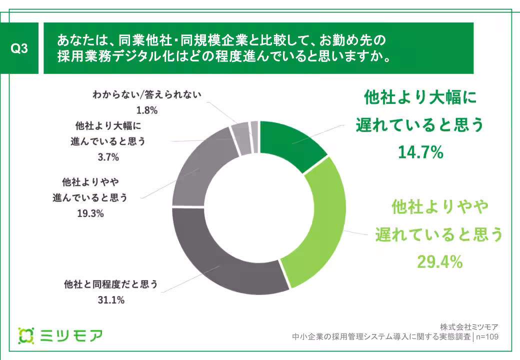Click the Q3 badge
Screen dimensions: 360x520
(x=18, y=49)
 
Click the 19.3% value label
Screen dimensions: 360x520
(x=90, y=214)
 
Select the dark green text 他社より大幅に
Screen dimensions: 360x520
(x=419, y=97)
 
